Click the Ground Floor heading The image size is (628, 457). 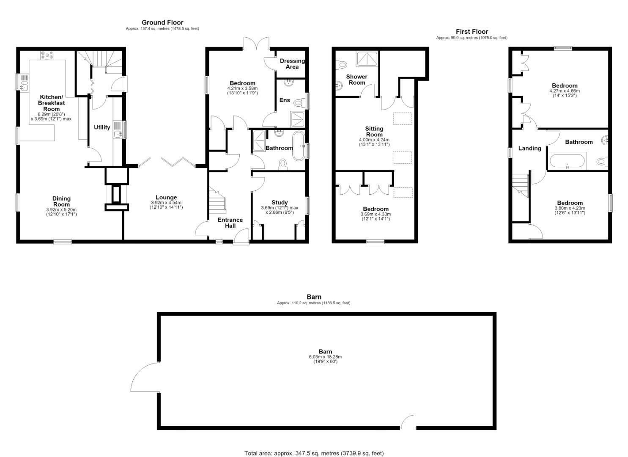click(x=162, y=22)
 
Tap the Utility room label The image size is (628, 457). click(x=102, y=127)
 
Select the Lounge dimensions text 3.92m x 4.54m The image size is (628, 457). click(x=166, y=203)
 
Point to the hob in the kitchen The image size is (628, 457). click(x=47, y=55)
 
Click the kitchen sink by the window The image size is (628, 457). click(x=25, y=82)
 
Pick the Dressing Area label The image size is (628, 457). click(x=292, y=63)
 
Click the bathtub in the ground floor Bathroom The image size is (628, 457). click(x=299, y=146)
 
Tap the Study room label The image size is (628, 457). click(x=280, y=202)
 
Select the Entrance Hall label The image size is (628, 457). click(x=230, y=223)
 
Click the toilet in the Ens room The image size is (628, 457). click(x=298, y=103)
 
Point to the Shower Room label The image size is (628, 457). click(x=357, y=80)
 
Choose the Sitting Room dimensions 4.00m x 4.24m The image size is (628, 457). click(x=374, y=140)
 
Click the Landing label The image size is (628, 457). click(x=529, y=148)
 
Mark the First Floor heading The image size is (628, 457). click(x=472, y=31)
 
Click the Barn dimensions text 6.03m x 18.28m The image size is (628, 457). click(x=325, y=357)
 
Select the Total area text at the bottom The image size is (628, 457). click(x=314, y=445)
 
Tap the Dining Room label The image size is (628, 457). click(x=61, y=201)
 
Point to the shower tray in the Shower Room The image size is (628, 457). click(x=367, y=59)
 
